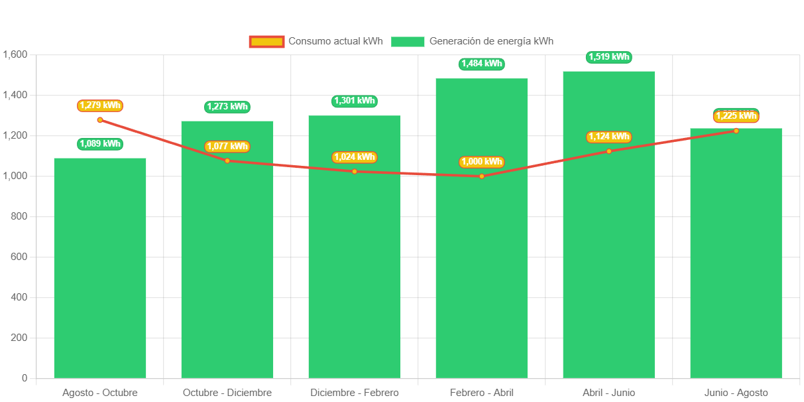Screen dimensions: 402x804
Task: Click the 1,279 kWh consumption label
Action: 100,105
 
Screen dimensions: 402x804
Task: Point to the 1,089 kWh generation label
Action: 100,144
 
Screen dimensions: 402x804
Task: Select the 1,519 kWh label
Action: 608,57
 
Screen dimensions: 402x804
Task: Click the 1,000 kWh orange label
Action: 481,162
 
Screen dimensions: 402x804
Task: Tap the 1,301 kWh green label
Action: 354,101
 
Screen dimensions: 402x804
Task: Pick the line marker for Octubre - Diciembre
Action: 227,161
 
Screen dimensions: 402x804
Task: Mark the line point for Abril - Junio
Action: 608,151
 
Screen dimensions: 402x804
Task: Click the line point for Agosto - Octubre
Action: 100,120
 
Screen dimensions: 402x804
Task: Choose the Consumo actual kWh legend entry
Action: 316,41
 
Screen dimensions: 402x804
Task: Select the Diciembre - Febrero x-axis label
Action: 354,393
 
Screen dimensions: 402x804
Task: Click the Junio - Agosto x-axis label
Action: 736,393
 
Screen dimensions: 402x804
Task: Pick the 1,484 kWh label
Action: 481,64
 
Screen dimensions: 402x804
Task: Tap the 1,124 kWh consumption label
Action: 608,137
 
